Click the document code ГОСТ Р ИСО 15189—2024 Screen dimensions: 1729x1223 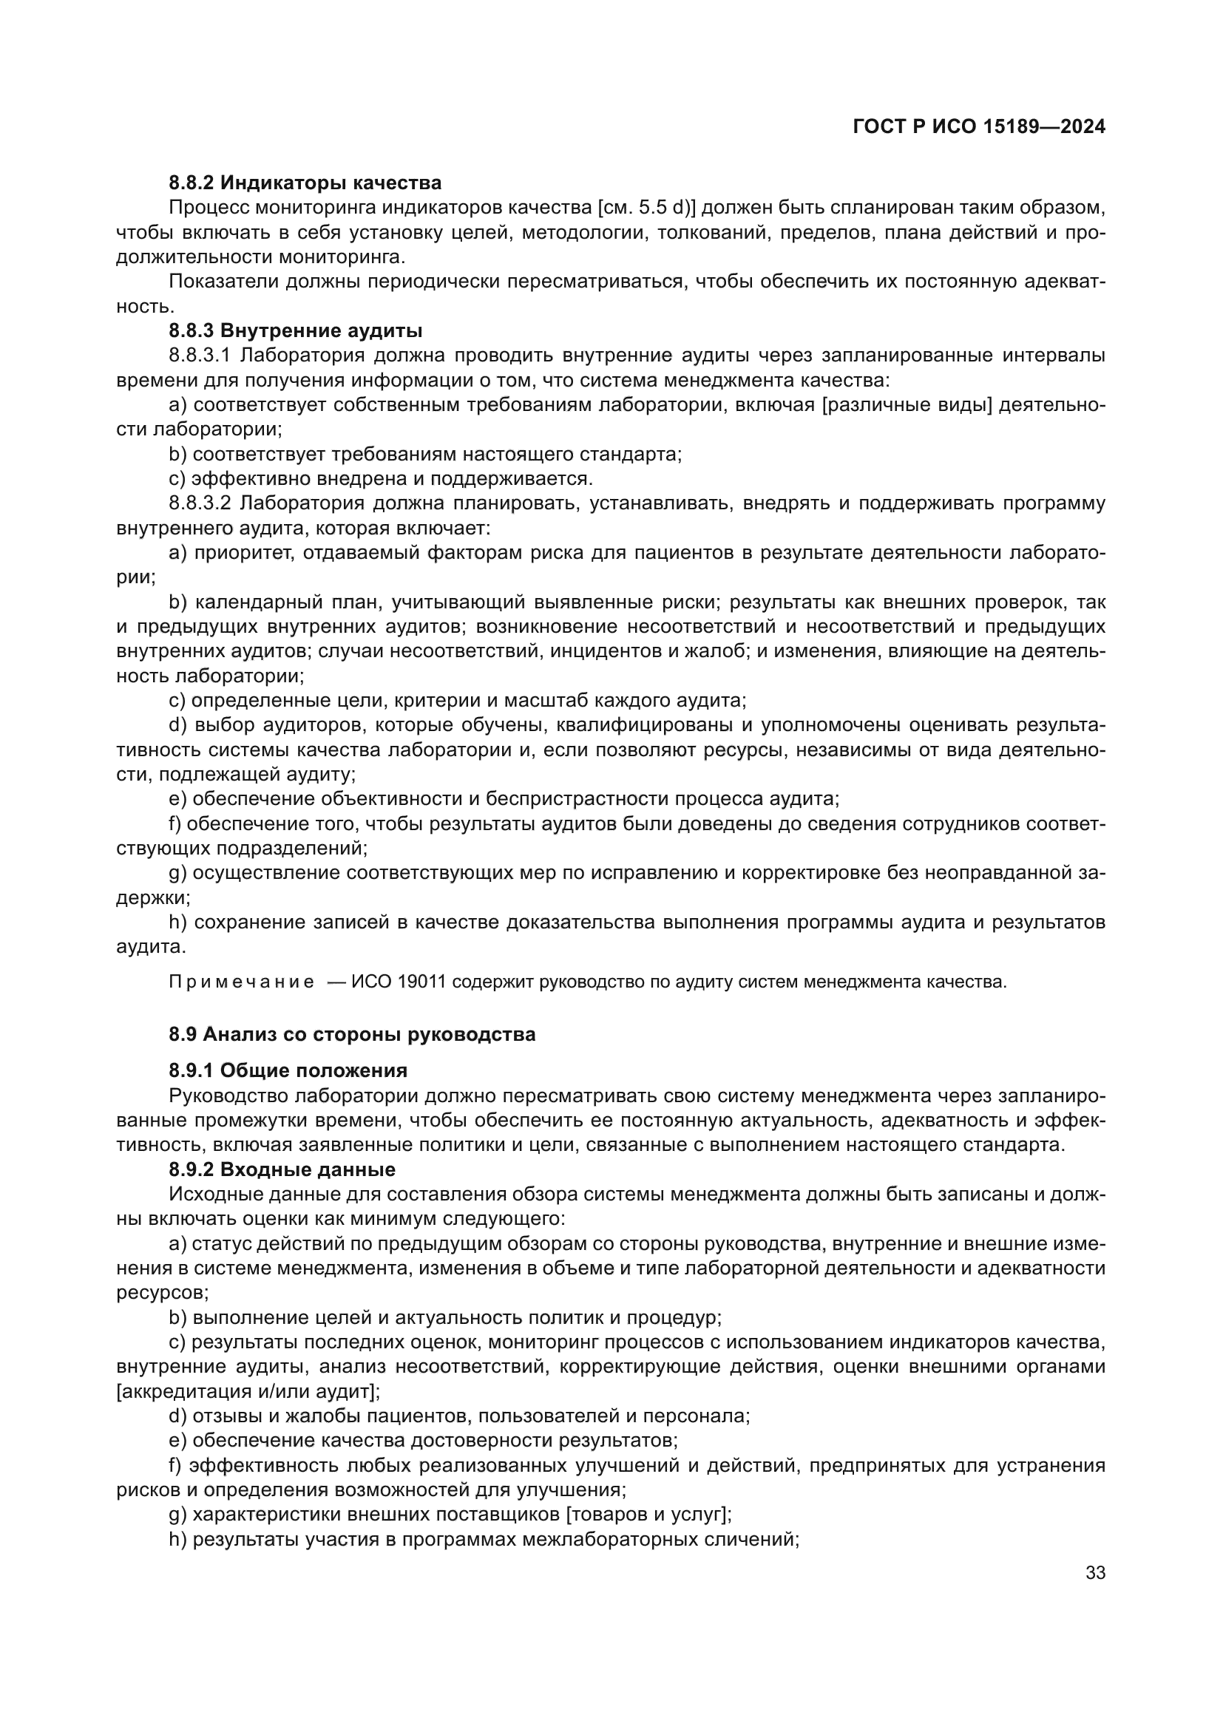point(979,127)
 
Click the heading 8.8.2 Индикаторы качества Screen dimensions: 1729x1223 point(305,183)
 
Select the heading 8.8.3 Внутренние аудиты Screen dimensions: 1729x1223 point(295,330)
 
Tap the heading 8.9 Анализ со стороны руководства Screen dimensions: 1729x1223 point(352,1034)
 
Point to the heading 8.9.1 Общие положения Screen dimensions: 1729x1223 point(288,1070)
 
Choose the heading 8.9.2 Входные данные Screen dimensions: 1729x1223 point(282,1169)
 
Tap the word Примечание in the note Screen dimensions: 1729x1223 point(242,982)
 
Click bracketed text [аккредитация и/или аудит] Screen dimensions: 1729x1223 point(248,1391)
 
